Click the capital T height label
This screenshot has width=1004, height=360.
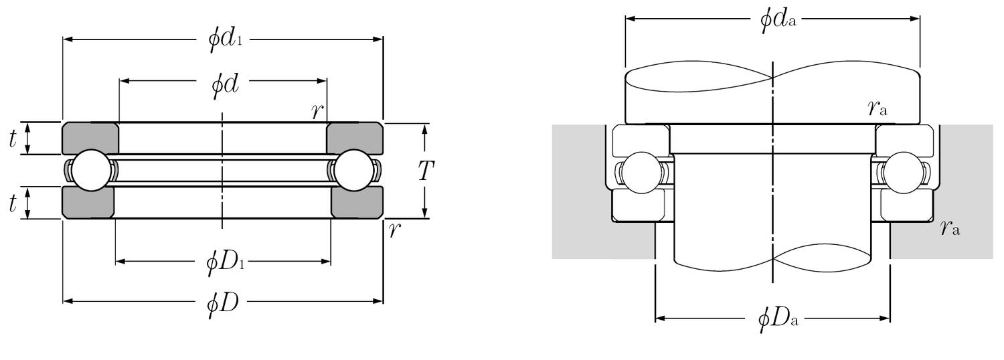click(426, 171)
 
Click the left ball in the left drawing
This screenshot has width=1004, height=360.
click(90, 171)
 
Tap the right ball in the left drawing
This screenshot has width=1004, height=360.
click(352, 171)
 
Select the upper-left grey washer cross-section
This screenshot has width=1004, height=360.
click(90, 138)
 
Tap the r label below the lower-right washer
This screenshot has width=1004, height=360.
click(395, 230)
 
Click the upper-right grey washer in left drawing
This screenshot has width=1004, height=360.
click(354, 138)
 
